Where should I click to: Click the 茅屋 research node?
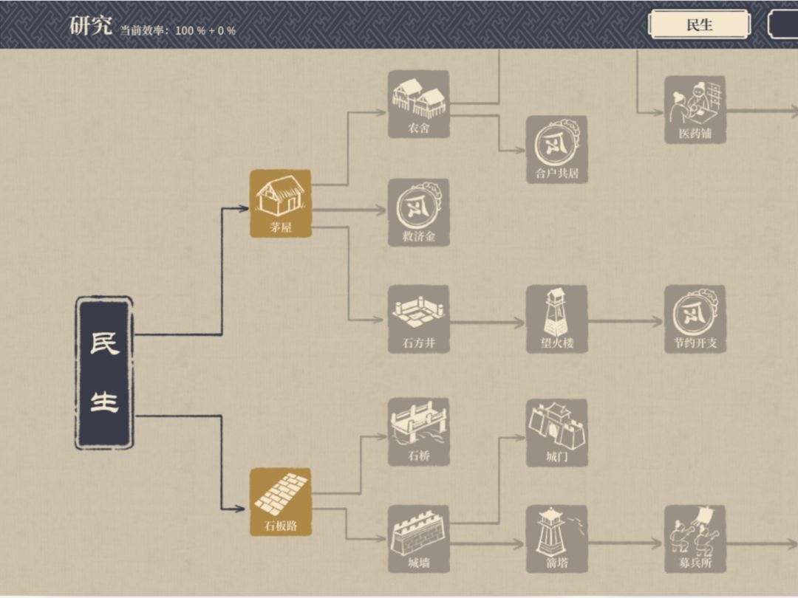[280, 204]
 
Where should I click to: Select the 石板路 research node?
[280, 502]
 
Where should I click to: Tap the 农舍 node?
[418, 104]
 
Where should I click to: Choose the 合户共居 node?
[556, 149]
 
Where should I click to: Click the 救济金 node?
[418, 213]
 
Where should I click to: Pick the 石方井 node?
[418, 319]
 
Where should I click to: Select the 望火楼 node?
[556, 319]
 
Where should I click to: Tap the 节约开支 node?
[695, 319]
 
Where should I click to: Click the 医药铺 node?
[695, 110]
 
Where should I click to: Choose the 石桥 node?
[418, 432]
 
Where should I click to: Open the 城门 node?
[556, 433]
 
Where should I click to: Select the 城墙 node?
[418, 539]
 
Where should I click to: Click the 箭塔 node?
[556, 539]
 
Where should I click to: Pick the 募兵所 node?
[695, 539]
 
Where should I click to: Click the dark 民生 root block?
[104, 374]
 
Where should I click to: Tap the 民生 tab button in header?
[699, 24]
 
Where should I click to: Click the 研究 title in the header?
[91, 25]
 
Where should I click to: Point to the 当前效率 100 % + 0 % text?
[178, 30]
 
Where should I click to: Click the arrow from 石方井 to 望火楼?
[487, 322]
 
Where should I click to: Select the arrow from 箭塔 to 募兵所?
[625, 543]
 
